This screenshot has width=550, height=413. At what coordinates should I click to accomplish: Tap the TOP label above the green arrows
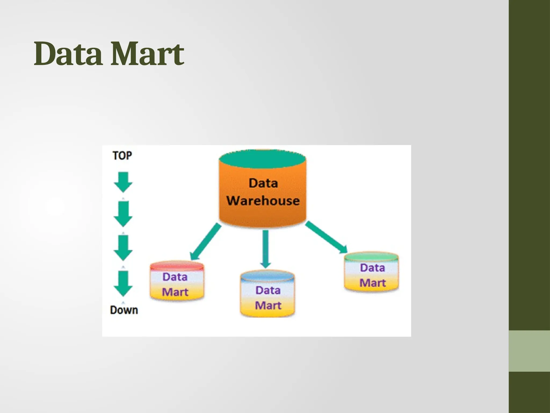click(122, 156)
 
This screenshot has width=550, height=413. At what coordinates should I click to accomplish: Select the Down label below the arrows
click(124, 310)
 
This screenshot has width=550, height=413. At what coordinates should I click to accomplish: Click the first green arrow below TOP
click(123, 182)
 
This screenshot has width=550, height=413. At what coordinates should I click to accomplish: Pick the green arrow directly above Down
click(123, 283)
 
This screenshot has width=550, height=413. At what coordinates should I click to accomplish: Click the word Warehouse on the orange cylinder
click(263, 201)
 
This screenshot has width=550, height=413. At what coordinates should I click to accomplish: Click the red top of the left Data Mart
click(177, 266)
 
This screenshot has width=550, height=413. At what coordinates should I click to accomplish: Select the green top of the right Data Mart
click(371, 257)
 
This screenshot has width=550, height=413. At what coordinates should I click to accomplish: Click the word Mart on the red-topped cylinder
click(175, 292)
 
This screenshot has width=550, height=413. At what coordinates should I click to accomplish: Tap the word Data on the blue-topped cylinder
click(268, 290)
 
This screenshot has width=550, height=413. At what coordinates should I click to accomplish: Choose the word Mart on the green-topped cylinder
click(372, 283)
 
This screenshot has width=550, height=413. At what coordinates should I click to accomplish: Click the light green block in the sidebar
click(529, 351)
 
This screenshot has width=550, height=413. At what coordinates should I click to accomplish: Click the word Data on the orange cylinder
click(263, 183)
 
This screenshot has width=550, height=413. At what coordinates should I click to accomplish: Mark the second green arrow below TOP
click(123, 214)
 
